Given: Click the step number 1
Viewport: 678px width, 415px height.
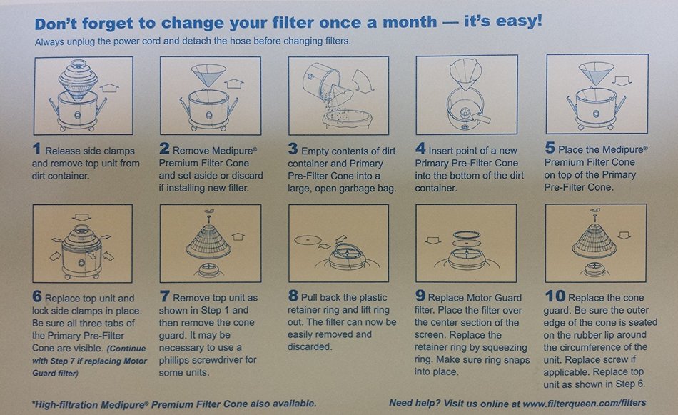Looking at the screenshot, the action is click(36, 149).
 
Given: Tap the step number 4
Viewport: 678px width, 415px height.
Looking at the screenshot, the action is click(420, 149).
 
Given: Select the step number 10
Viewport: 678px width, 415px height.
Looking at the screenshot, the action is click(555, 296).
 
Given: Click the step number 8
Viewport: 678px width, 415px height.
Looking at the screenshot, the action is click(293, 296).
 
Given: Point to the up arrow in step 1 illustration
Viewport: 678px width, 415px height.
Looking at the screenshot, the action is click(109, 88).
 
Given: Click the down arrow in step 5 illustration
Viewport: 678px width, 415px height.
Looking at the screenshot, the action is click(622, 81).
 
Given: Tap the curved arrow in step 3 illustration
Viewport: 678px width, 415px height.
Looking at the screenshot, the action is click(362, 82).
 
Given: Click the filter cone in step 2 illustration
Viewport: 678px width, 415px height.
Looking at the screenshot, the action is click(208, 75).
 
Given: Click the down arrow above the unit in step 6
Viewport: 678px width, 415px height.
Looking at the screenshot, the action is click(82, 216).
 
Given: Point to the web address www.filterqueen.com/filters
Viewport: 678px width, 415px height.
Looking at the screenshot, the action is click(585, 404).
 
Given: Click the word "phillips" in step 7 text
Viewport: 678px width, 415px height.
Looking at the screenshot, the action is click(176, 359).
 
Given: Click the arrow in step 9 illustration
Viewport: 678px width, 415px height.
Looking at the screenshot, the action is click(432, 241).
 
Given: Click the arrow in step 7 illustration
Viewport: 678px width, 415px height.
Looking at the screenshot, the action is click(238, 236).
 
